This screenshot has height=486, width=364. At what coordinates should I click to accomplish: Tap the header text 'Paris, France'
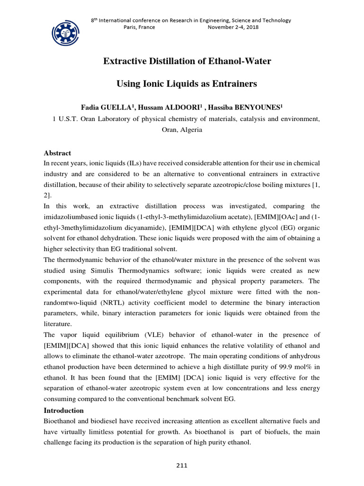(x=138, y=27)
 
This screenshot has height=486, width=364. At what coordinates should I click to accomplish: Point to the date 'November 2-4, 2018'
(x=233, y=27)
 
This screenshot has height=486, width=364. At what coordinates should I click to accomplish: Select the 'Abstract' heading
(x=57, y=153)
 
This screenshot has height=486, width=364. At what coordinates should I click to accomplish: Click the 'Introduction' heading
(x=64, y=410)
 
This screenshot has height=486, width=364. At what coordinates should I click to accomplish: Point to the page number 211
(x=182, y=466)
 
